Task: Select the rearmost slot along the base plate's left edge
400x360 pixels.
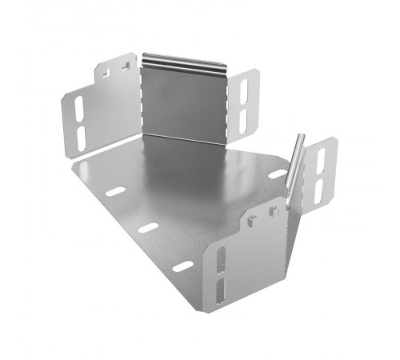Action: (117, 192)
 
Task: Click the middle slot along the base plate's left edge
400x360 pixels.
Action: (148, 228)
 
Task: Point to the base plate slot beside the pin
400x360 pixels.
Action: (276, 174)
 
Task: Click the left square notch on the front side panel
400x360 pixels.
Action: (252, 217)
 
